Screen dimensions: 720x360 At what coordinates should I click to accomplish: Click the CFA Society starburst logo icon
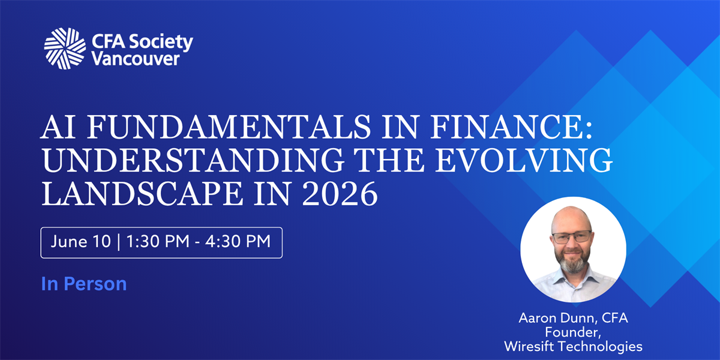[x=65, y=49]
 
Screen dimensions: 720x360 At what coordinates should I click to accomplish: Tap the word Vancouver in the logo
[x=136, y=59]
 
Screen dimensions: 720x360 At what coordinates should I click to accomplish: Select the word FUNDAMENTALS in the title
[x=229, y=127]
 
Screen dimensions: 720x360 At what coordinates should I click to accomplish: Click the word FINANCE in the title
[x=511, y=127]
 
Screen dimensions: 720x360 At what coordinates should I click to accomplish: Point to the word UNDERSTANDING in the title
[x=193, y=160]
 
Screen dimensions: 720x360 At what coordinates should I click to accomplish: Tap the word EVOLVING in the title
[x=524, y=160]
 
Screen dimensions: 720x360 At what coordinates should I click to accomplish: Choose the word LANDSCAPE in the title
[x=142, y=194]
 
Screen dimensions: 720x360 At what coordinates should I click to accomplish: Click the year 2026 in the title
[x=340, y=194]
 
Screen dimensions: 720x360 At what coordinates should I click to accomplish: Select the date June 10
[x=80, y=241]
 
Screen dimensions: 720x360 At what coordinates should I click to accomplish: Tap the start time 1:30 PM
[x=158, y=241]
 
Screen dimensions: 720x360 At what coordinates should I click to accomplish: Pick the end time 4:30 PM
[x=238, y=241]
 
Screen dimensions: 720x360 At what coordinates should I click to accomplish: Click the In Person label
[x=84, y=284]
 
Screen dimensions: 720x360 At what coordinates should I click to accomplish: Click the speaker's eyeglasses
[x=571, y=237]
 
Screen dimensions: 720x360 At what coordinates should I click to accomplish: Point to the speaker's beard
[x=573, y=263]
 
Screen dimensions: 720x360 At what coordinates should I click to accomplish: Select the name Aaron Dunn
[x=557, y=318]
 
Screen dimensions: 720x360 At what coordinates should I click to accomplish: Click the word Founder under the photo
[x=573, y=332]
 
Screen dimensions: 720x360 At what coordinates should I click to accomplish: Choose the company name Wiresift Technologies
[x=573, y=347]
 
